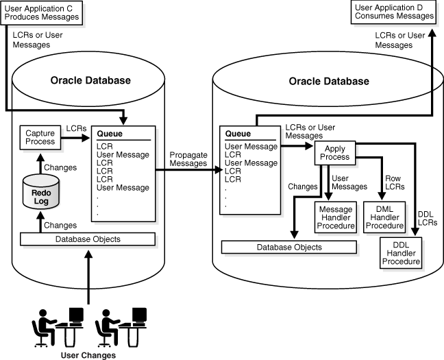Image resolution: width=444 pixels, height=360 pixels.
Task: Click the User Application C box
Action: tap(44, 12)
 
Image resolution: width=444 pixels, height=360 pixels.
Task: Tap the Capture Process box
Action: tap(40, 136)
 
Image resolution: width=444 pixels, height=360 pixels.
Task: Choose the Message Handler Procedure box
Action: tap(335, 216)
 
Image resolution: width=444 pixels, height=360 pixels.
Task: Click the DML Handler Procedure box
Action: tap(385, 216)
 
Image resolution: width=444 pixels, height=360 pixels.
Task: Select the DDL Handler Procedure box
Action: tap(402, 252)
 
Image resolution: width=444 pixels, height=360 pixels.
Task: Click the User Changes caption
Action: tap(88, 355)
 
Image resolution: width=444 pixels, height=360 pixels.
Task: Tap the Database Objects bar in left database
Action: tap(88, 239)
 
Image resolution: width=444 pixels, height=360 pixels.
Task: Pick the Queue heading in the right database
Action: tap(237, 134)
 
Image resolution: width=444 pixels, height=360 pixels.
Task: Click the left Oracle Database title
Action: tap(90, 80)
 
